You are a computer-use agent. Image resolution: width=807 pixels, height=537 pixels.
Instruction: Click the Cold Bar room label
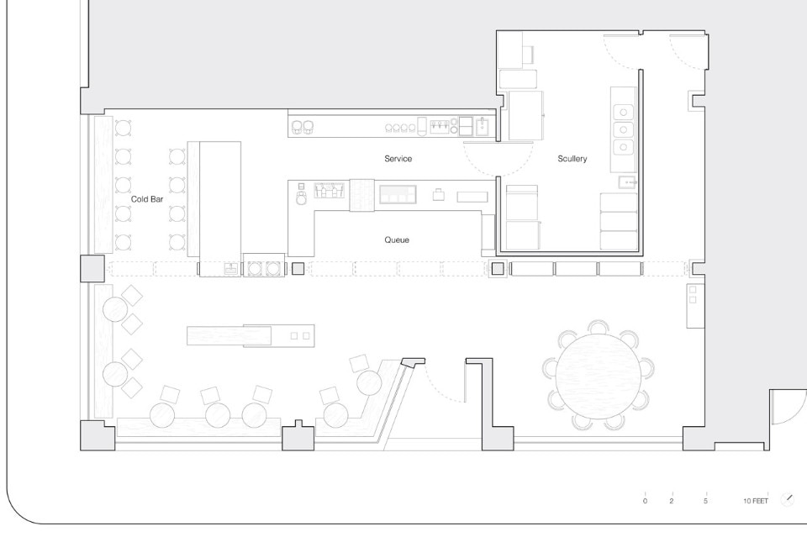point(147,199)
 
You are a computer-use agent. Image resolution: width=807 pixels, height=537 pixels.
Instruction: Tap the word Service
point(398,159)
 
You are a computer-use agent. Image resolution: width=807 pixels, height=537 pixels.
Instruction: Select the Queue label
point(397,240)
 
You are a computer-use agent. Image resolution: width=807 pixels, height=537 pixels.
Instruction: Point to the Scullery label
point(572,159)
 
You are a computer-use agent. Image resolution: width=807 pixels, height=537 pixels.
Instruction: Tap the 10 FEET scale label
point(756,501)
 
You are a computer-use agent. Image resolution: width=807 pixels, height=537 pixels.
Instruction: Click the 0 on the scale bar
point(645,501)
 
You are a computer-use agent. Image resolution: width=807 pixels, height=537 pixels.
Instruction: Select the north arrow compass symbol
point(788,499)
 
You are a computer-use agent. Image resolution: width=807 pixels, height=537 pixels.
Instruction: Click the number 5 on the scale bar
point(705,501)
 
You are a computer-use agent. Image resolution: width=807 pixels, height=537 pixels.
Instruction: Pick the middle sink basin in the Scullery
point(623,129)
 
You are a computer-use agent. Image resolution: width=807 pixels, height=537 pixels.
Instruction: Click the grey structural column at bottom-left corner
point(98,435)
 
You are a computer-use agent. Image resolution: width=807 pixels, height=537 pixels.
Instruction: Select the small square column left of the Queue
point(298,268)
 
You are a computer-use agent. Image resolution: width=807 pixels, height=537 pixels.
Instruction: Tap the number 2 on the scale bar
point(672,501)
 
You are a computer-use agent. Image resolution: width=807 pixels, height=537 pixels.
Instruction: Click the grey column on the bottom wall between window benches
point(298,436)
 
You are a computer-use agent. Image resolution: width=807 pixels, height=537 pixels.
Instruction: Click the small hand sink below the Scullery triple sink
point(627,182)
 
